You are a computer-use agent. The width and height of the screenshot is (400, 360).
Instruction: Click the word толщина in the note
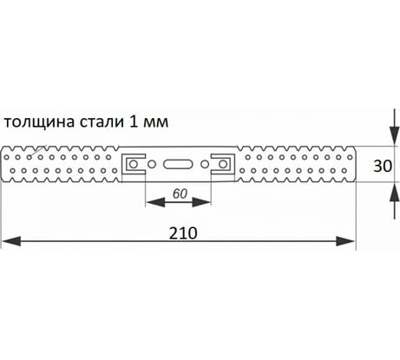tap(39, 122)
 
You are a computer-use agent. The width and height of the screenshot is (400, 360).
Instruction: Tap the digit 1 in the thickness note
tap(133, 121)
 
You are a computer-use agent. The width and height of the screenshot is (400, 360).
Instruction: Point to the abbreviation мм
tap(155, 123)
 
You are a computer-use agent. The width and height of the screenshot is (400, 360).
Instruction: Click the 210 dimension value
tap(183, 233)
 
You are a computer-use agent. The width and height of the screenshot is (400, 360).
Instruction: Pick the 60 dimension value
tap(180, 193)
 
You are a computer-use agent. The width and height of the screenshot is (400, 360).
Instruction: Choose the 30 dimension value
tap(383, 166)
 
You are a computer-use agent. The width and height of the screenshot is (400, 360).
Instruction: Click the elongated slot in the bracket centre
tap(178, 164)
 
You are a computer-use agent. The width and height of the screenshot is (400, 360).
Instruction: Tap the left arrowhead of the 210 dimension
tap(11, 241)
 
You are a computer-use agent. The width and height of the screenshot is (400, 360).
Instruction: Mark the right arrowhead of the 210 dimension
tap(345, 241)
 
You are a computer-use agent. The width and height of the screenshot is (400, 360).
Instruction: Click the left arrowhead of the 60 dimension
tap(155, 202)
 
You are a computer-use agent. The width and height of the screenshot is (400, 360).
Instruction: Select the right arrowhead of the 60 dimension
tap(201, 202)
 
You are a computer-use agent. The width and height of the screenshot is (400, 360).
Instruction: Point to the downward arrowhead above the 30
tap(394, 135)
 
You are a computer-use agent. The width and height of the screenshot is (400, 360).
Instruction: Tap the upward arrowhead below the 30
tap(394, 192)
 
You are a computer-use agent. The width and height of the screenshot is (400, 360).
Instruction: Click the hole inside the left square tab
tap(133, 164)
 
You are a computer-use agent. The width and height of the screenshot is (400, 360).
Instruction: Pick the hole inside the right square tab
tap(223, 164)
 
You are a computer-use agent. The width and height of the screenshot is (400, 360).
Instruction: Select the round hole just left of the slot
tap(152, 164)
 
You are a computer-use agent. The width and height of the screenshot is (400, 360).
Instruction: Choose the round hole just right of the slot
tap(205, 164)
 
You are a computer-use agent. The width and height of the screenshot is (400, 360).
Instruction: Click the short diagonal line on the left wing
tap(38, 150)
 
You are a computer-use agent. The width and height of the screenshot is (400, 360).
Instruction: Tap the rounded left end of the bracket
tap(2, 164)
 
